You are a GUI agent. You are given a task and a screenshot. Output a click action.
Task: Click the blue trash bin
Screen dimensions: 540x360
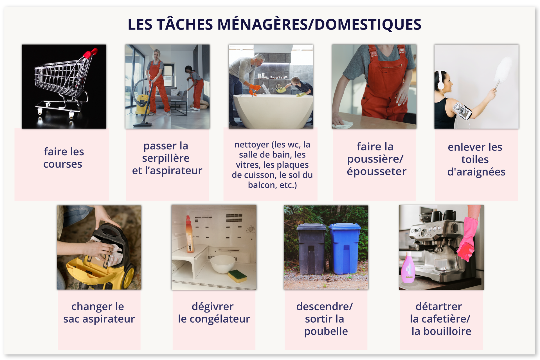[345, 249]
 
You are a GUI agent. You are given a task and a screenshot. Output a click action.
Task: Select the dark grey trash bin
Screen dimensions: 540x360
[312, 249]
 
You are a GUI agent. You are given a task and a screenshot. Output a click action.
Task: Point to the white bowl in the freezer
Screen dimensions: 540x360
[223, 264]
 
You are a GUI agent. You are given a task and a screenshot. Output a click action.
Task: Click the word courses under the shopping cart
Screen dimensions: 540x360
[63, 164]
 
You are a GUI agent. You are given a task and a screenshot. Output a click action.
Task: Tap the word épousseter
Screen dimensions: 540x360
[377, 171]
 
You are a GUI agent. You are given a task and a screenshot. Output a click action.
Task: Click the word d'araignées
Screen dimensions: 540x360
[476, 172]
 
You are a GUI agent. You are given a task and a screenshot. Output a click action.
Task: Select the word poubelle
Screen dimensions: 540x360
[326, 331]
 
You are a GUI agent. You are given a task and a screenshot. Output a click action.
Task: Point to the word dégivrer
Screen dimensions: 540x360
[213, 307]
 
